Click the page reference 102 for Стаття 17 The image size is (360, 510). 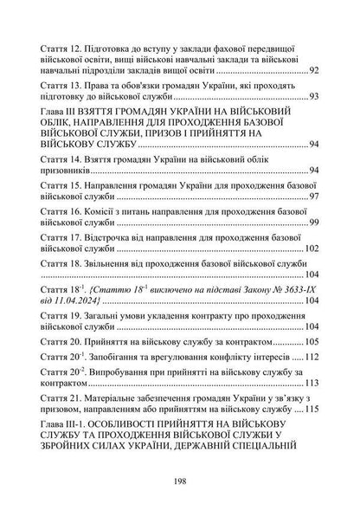pos(311,249)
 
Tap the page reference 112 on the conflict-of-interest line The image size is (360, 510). pos(311,356)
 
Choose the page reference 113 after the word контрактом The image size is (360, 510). pos(311,382)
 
